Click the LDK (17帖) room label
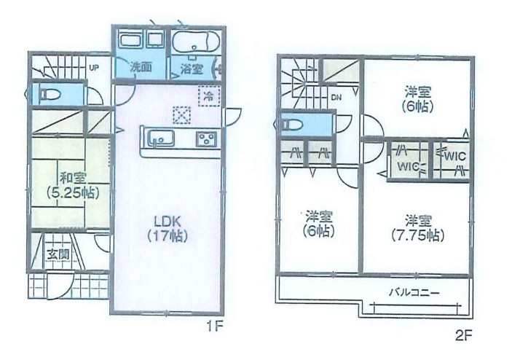coord(168,228)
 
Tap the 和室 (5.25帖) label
coord(73,185)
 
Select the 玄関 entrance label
coord(58,254)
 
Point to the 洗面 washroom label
coord(141,67)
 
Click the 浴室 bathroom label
coord(192,69)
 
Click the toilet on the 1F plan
coord(50,95)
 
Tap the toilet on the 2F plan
coord(293,124)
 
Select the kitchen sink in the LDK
coord(161,139)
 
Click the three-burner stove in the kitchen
coord(206,139)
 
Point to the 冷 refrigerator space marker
coord(209,96)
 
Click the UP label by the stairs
coord(94,69)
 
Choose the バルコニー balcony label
coord(414,292)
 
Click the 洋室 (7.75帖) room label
coord(418,228)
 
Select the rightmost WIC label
coord(455,156)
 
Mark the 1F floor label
coord(214,326)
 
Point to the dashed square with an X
coord(181,115)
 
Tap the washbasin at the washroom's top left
coord(130,41)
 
